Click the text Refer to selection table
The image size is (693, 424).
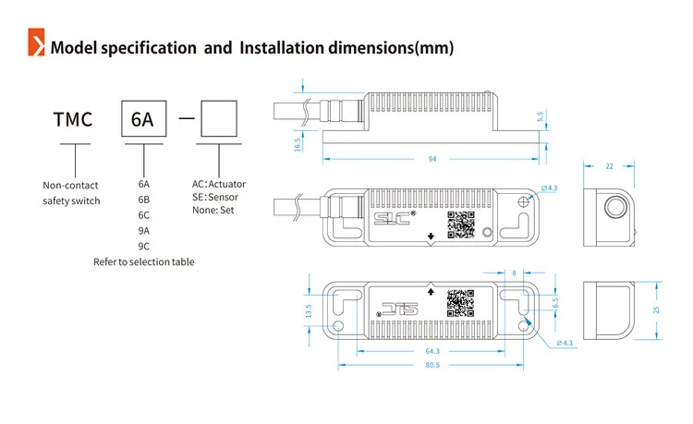pyautogui.click(x=143, y=262)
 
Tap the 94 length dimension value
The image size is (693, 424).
pyautogui.click(x=432, y=159)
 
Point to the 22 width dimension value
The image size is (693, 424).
pyautogui.click(x=609, y=166)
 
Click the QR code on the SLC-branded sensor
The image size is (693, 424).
pyautogui.click(x=459, y=224)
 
